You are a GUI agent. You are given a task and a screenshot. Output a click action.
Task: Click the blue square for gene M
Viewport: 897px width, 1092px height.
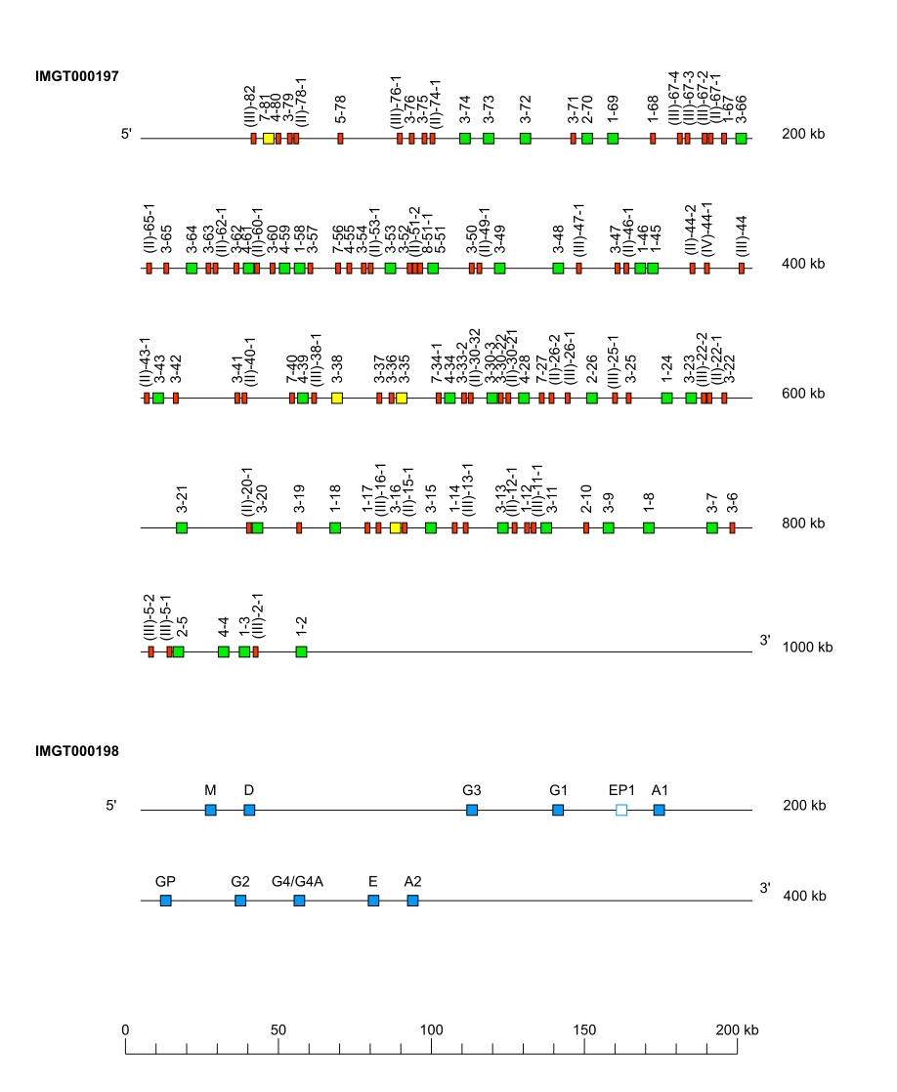[x=210, y=810]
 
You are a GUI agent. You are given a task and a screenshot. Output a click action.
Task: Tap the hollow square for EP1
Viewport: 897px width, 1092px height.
[x=621, y=810]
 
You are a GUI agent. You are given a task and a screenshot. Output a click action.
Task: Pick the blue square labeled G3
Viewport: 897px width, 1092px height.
[x=472, y=810]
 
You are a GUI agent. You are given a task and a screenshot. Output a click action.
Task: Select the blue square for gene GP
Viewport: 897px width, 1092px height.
[x=165, y=901]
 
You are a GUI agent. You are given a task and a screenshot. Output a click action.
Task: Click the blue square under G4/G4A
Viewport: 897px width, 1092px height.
[x=299, y=901]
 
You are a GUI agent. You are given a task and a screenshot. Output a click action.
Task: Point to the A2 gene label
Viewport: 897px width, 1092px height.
[x=412, y=882]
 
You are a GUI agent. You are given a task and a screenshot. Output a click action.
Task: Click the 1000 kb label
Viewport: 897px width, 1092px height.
[x=807, y=648]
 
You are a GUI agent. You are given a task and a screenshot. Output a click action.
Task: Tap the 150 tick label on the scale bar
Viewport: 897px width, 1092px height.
[x=584, y=1029]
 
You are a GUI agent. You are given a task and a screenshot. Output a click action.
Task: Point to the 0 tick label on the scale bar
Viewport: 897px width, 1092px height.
[x=125, y=1029]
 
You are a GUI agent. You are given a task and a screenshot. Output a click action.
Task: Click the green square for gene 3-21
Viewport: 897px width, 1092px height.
[x=182, y=528]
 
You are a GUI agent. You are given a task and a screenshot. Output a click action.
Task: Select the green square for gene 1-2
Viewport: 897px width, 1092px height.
[x=301, y=651]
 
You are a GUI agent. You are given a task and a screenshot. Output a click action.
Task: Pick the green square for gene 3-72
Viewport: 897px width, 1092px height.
[x=526, y=139]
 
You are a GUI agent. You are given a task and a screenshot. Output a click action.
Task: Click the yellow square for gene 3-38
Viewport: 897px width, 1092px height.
[x=337, y=399]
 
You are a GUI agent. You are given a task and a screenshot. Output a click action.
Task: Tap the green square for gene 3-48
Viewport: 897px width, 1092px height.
[x=558, y=268]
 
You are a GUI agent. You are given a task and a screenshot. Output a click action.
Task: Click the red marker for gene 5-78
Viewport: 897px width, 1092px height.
[x=340, y=139]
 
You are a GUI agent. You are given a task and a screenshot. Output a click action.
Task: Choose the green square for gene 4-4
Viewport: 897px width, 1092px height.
[x=224, y=651]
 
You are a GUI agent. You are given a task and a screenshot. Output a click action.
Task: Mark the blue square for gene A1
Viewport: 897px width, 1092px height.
[x=660, y=810]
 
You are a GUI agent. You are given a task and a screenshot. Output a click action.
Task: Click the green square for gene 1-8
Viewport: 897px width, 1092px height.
[x=649, y=528]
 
